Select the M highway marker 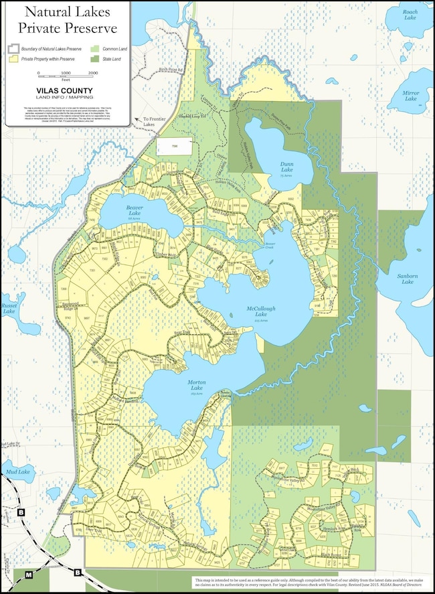coord(28,575)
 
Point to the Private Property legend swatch coord(12,59)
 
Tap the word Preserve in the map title coord(86,27)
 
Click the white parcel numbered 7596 coord(175,147)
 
